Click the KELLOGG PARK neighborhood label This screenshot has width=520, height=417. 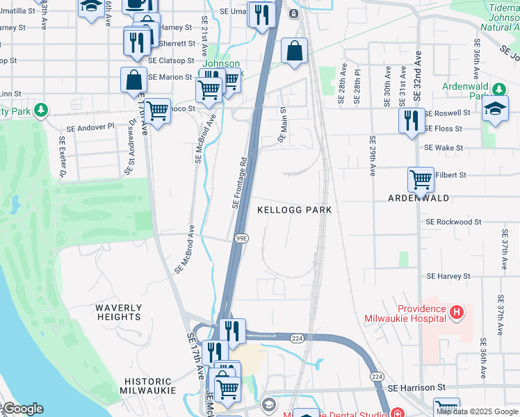coord(295,209)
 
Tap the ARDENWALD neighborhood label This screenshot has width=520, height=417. coord(417,198)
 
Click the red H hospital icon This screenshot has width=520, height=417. coord(457,313)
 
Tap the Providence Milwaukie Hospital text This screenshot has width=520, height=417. coord(412,313)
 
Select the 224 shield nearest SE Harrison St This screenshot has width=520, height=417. coord(377,376)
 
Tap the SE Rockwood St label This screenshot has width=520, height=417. coord(453,222)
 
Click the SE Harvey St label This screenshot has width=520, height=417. coord(448,276)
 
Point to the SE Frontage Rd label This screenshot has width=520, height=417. coord(240,183)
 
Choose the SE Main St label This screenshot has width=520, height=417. coord(282,124)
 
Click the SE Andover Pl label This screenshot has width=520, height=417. coord(90,128)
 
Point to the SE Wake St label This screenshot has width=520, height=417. coord(444,148)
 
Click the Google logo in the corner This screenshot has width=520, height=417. coord(22,409)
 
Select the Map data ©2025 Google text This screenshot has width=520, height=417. coord(477,411)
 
